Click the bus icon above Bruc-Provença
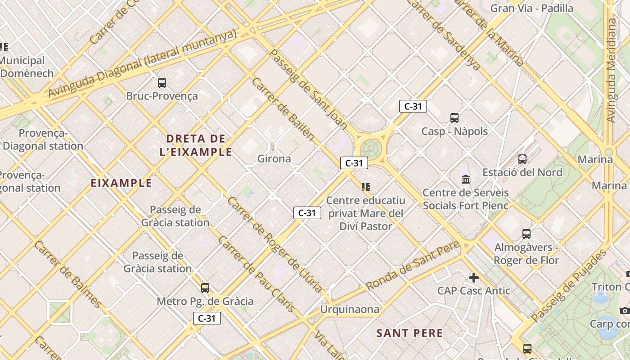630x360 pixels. (x=162, y=83)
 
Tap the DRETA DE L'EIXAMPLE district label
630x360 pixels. (x=196, y=145)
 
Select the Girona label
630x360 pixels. (x=274, y=159)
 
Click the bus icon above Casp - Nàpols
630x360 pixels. (x=454, y=118)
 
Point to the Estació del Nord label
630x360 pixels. (x=522, y=172)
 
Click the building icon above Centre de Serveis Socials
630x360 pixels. (x=466, y=180)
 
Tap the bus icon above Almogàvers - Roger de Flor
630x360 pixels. (x=526, y=234)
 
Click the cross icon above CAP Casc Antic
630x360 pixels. (x=474, y=277)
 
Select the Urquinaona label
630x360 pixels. (x=350, y=310)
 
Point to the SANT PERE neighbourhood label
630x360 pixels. (x=409, y=333)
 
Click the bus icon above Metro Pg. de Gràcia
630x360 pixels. (x=205, y=288)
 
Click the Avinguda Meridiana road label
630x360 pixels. (x=611, y=70)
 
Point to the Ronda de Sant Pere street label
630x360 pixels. (x=412, y=265)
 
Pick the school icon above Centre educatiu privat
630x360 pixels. (x=365, y=187)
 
